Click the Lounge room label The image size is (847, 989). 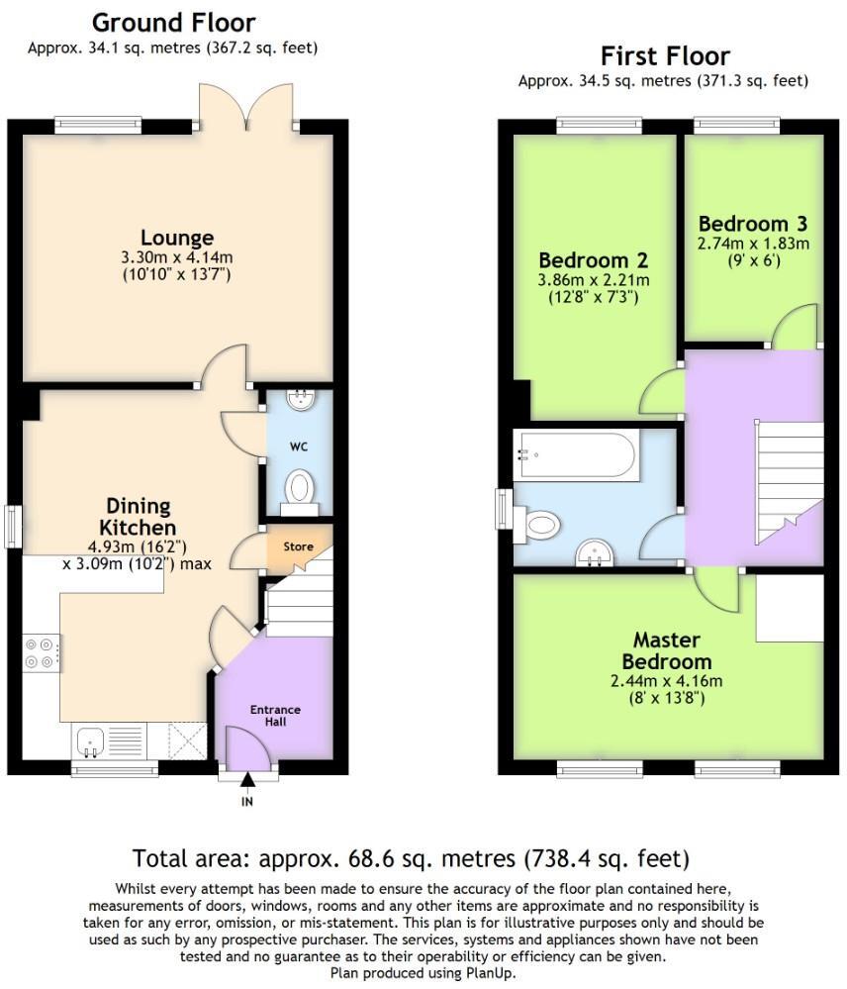(177, 238)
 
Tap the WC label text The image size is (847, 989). (299, 446)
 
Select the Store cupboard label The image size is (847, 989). (298, 546)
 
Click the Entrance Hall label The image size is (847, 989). (275, 716)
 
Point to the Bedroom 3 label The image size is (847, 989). (753, 223)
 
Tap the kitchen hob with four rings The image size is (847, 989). (41, 653)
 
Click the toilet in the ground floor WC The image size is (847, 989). (299, 489)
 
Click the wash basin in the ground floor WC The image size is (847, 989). (298, 400)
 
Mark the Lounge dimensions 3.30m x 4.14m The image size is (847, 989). (177, 257)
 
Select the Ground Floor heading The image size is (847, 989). (173, 23)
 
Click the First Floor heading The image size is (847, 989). (665, 55)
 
